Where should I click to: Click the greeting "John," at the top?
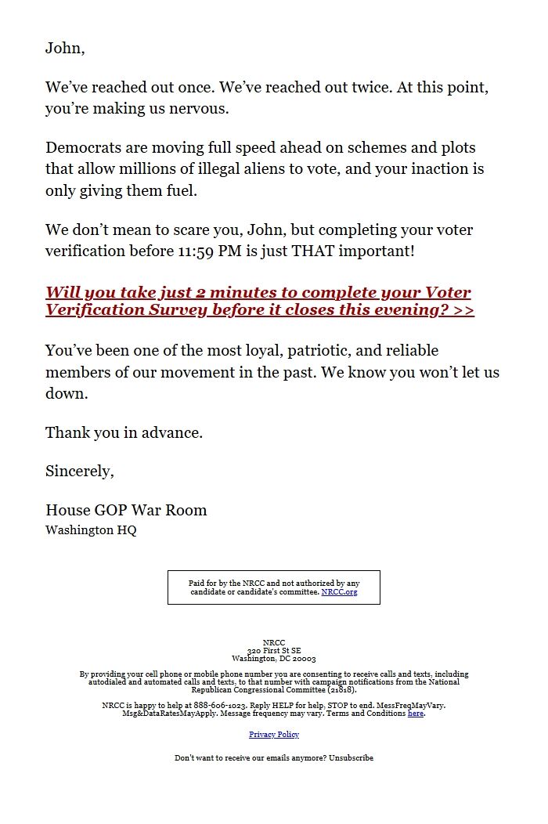click(x=65, y=49)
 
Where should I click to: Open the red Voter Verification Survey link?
click(x=259, y=301)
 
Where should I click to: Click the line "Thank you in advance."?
click(x=124, y=432)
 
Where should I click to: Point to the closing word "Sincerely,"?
click(x=80, y=472)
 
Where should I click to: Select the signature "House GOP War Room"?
click(x=126, y=510)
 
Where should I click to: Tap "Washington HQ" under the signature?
click(x=91, y=530)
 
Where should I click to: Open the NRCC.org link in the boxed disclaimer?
click(x=339, y=592)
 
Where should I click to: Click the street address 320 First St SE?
click(x=274, y=651)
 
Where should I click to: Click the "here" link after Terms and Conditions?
click(x=416, y=714)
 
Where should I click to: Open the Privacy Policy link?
click(x=274, y=735)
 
